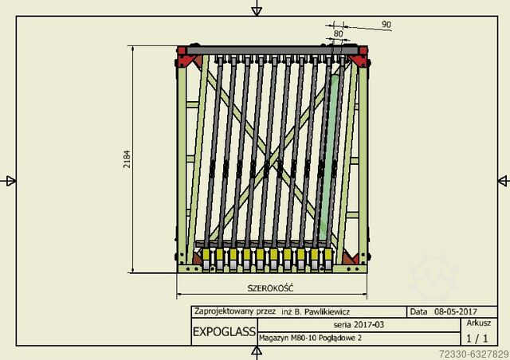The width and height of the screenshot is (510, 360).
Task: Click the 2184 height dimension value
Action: click(x=127, y=159)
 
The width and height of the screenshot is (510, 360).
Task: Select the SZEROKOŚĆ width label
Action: click(x=270, y=288)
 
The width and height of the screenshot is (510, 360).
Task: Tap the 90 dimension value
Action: click(x=386, y=25)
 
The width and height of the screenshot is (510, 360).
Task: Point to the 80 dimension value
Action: click(x=338, y=33)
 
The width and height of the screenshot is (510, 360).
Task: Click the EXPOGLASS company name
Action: click(x=224, y=331)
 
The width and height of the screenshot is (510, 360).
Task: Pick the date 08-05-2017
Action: click(x=456, y=311)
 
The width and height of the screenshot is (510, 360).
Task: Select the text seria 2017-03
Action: click(x=359, y=324)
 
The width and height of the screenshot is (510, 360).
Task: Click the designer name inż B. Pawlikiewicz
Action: click(x=316, y=312)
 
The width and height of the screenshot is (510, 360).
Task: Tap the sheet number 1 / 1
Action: click(x=477, y=338)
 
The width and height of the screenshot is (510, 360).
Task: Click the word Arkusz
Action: click(x=478, y=323)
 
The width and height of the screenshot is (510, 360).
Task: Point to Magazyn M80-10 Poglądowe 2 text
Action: click(x=310, y=338)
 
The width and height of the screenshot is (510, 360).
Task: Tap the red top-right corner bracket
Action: click(x=359, y=57)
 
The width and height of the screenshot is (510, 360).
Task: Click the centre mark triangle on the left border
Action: click(x=10, y=181)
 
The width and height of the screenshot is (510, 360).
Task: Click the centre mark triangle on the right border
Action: click(x=503, y=181)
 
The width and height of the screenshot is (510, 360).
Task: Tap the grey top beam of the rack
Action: click(x=272, y=50)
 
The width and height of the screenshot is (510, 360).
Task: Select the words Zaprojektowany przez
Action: click(x=235, y=311)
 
